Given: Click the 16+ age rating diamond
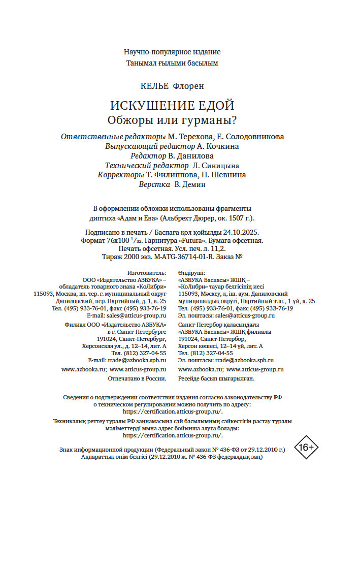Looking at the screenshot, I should (307, 448).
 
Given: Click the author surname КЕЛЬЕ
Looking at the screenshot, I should (154, 86).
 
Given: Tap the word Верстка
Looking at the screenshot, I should (154, 184).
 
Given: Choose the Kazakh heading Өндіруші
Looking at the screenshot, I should (192, 273).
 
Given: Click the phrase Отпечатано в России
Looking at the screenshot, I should (137, 378).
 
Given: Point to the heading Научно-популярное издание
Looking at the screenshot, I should (172, 52).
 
